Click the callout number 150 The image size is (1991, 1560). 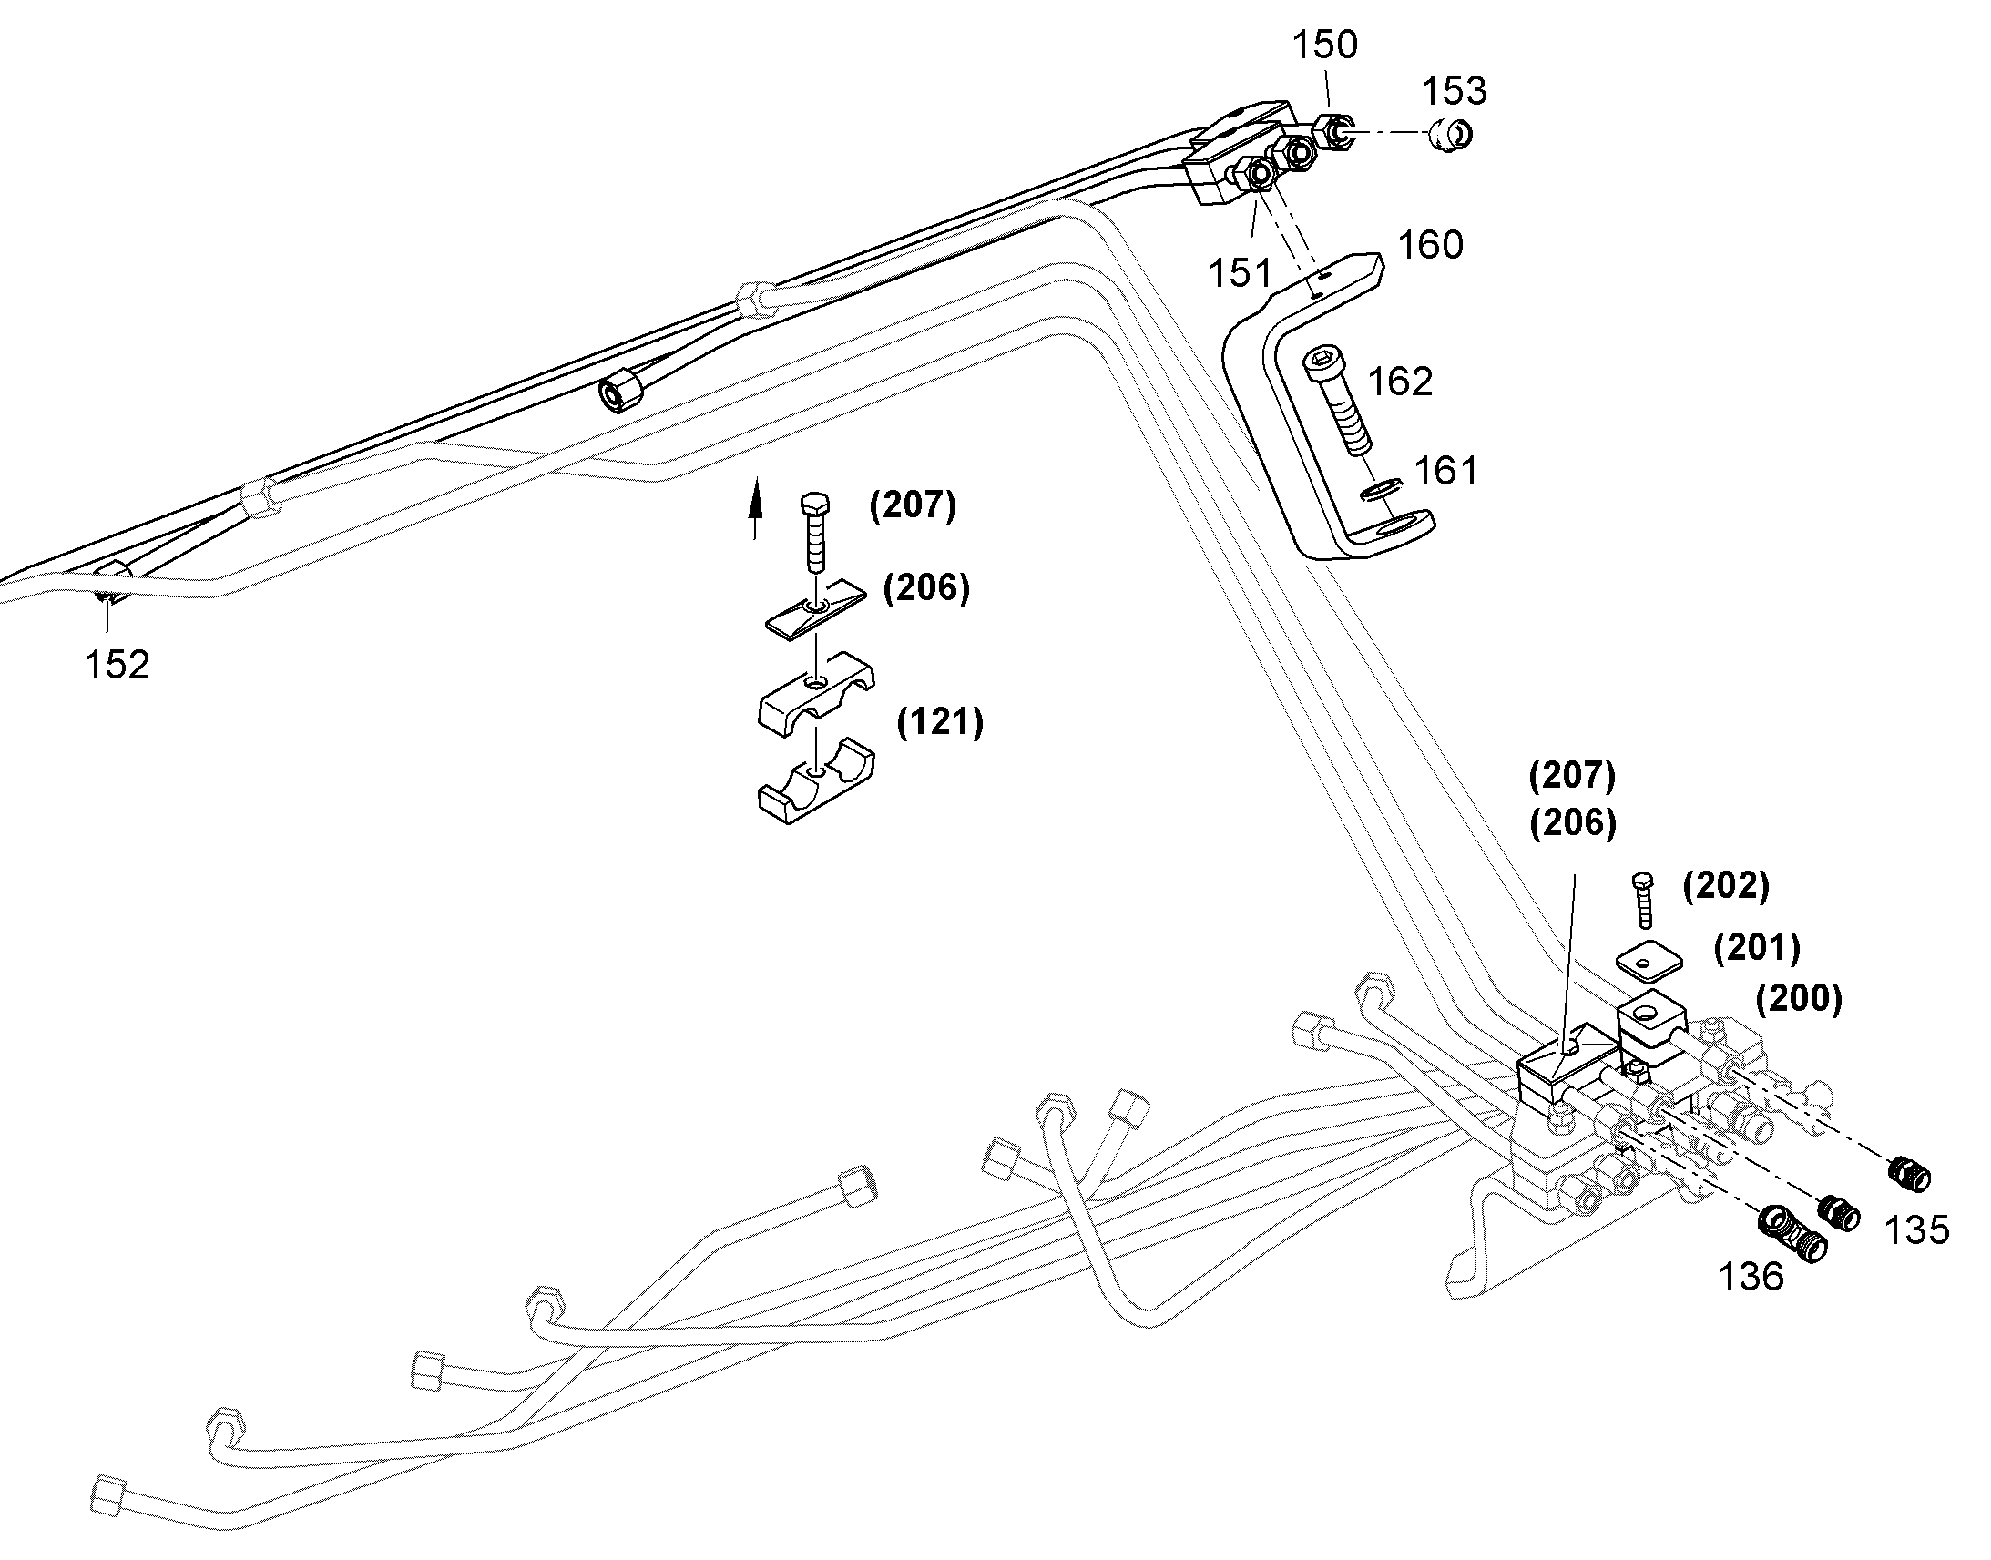point(1324,45)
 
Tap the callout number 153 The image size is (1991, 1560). point(1455,91)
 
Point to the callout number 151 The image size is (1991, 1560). point(1240,273)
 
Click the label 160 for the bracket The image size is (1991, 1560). point(1430,245)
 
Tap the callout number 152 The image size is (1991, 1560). point(117,665)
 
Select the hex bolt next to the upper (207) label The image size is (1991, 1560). point(814,533)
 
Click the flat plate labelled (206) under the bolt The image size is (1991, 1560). point(815,607)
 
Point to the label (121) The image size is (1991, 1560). point(940,722)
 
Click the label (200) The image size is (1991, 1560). point(1798,999)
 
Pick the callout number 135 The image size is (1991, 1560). point(1917,1230)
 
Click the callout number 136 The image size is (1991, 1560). point(1751,1277)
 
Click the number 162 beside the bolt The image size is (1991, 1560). point(1400,382)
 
